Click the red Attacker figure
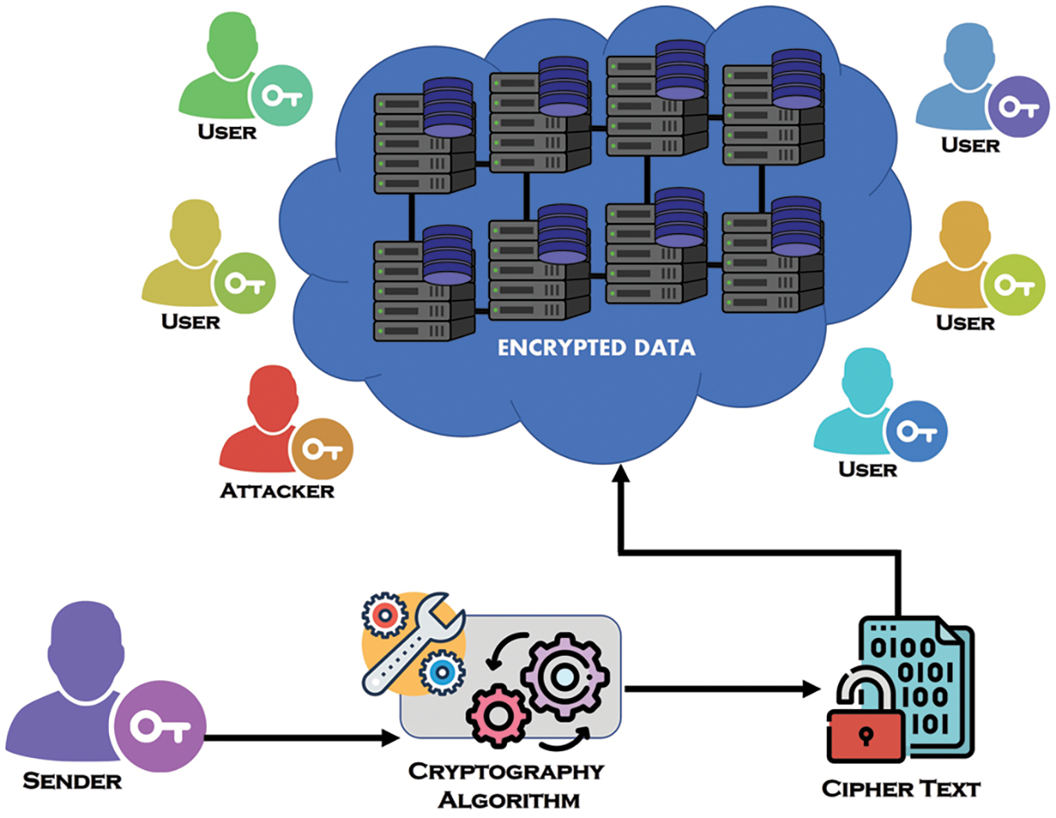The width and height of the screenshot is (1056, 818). coord(263,423)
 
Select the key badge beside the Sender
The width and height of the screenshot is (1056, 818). coord(161,726)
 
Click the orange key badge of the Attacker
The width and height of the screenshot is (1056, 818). coord(322,449)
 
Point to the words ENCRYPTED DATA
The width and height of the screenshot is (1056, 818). coord(596,348)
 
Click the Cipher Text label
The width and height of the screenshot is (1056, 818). coord(901,788)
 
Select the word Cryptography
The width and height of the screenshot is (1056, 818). coord(506,772)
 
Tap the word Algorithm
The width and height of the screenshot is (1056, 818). coord(509,800)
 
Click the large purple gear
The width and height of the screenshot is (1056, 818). coord(565,676)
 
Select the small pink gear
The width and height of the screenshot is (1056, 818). coord(498,715)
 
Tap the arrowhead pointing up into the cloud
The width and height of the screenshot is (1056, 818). coord(620,472)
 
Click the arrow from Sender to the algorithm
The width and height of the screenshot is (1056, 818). coord(302,739)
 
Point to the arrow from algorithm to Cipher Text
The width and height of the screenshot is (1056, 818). coord(722,689)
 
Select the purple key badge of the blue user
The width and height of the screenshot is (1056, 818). coord(1018,106)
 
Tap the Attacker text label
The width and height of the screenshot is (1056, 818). coord(277,491)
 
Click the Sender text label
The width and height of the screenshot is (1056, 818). coord(73,782)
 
